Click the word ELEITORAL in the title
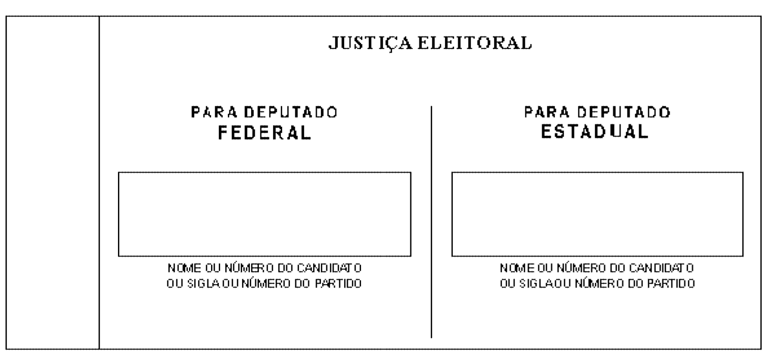(x=475, y=43)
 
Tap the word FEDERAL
(x=265, y=133)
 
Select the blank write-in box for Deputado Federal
(x=265, y=214)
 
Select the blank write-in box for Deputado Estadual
(x=597, y=214)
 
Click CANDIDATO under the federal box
(x=329, y=268)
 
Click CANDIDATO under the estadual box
(x=661, y=268)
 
